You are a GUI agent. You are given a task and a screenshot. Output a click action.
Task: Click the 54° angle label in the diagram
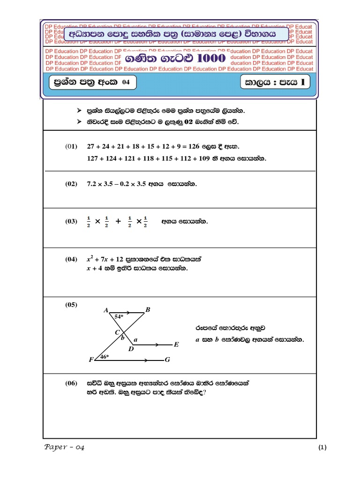[x=119, y=317]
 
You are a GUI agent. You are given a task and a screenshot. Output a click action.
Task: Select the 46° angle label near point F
[x=103, y=357]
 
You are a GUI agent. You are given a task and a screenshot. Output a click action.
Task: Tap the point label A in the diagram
[x=105, y=310]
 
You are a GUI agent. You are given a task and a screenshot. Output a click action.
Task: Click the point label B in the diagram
[x=148, y=309]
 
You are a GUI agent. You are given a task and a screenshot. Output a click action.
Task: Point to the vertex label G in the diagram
[x=167, y=360]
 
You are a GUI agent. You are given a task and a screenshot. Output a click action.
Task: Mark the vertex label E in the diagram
[x=176, y=345]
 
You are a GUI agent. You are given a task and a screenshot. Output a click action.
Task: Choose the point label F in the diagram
[x=91, y=360]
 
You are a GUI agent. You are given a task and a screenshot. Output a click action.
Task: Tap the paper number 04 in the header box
[x=125, y=83]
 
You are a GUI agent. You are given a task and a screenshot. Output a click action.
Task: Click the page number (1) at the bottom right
[x=322, y=448]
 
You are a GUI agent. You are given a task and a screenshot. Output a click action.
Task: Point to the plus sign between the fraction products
[x=118, y=222]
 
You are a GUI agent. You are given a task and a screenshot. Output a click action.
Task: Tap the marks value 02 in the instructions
[x=189, y=122]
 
